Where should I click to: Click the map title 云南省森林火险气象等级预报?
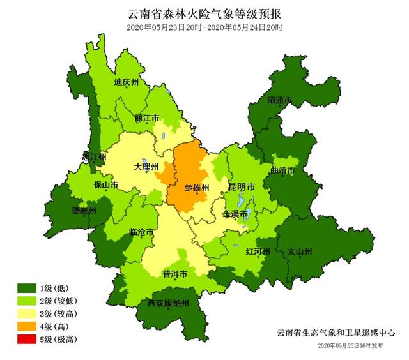click(x=204, y=13)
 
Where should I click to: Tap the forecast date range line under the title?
click(x=204, y=27)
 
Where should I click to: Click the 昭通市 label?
click(x=279, y=101)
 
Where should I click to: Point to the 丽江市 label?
click(x=147, y=119)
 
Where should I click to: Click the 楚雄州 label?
click(x=193, y=188)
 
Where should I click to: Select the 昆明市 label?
click(x=242, y=187)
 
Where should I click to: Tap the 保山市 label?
click(x=106, y=186)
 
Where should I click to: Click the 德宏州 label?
click(x=84, y=211)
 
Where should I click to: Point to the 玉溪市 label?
click(x=235, y=213)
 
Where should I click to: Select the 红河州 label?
click(x=258, y=251)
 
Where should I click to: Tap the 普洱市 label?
click(x=174, y=274)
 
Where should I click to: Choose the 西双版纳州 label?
click(x=168, y=303)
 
